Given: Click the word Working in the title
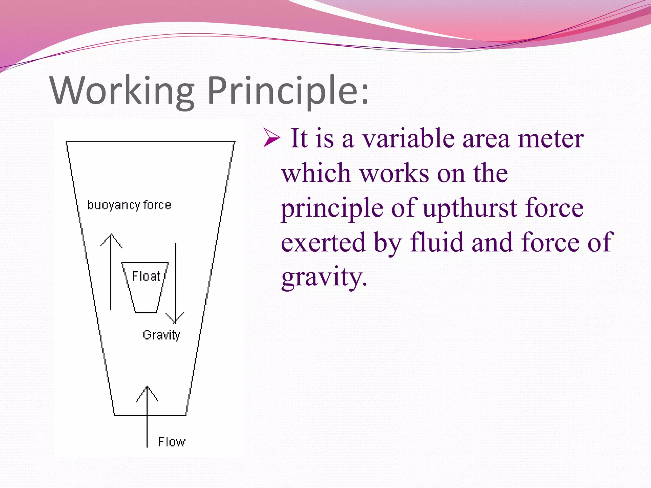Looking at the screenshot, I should pyautogui.click(x=122, y=91).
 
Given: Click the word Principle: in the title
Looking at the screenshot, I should pyautogui.click(x=288, y=91).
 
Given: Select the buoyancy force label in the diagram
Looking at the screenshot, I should pyautogui.click(x=129, y=205).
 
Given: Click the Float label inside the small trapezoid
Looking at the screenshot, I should pyautogui.click(x=146, y=276).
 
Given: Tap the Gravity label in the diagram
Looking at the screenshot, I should pyautogui.click(x=161, y=335).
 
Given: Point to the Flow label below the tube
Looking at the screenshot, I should pyautogui.click(x=172, y=442).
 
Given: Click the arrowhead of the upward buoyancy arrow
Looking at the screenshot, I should pyautogui.click(x=111, y=237).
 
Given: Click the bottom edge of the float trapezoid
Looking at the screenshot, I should pyautogui.click(x=146, y=313).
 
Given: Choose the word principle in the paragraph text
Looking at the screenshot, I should pyautogui.click(x=332, y=208).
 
